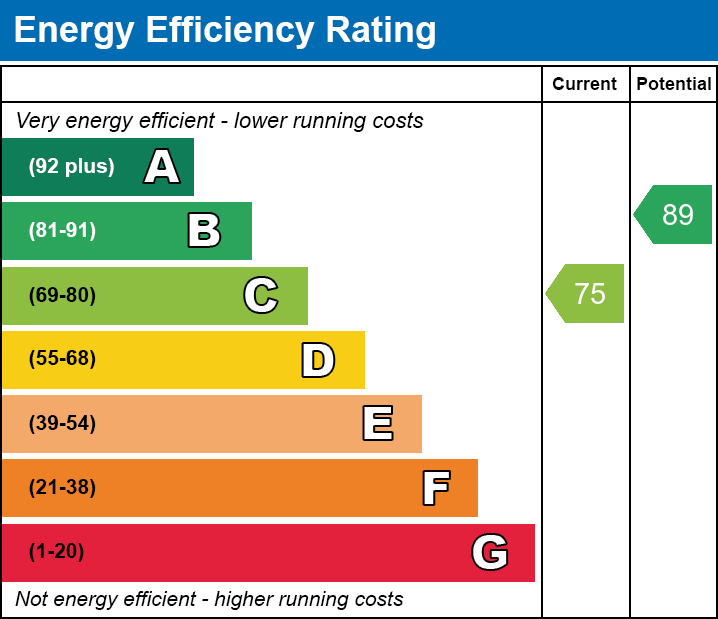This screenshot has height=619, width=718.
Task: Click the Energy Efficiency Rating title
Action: click(225, 31)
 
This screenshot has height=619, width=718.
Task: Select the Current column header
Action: click(585, 85)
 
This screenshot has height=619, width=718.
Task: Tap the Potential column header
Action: click(674, 85)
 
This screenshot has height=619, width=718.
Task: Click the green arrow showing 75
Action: click(587, 294)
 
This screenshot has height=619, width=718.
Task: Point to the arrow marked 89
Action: click(675, 215)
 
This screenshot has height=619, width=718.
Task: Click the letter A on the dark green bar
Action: click(162, 167)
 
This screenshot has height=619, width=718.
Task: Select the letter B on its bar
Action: click(204, 231)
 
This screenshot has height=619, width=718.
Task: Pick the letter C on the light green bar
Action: click(261, 295)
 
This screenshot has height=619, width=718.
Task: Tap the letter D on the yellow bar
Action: click(318, 360)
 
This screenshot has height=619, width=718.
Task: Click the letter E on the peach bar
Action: click(377, 424)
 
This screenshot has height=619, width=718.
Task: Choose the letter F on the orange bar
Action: click(435, 488)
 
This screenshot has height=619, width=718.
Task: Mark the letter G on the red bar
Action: click(490, 552)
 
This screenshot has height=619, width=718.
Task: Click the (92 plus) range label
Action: click(71, 167)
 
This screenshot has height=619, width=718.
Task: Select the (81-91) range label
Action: click(62, 231)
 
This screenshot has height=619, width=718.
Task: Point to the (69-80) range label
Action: click(62, 295)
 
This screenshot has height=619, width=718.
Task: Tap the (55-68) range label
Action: click(62, 359)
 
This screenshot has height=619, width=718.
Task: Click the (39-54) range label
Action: click(62, 424)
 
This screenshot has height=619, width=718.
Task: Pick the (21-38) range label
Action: click(62, 488)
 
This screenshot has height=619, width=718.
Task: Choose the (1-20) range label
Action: click(57, 552)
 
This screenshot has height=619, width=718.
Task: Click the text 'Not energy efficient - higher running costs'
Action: click(209, 600)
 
